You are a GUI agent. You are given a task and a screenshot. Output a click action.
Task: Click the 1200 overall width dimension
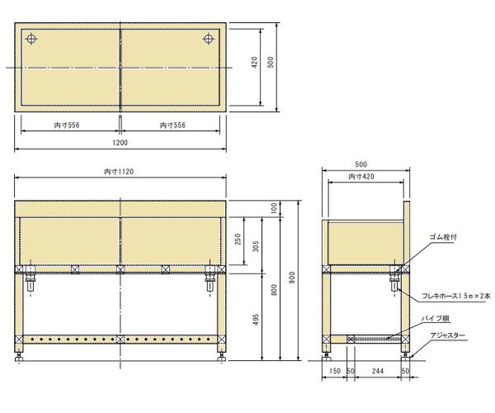click(120, 143)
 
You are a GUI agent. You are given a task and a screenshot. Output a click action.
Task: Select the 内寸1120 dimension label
click(119, 172)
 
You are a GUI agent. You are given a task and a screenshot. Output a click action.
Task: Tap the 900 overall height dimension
click(292, 278)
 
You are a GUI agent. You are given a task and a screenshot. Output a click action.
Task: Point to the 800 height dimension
click(274, 290)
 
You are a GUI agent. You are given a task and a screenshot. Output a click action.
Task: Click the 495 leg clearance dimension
click(256, 319)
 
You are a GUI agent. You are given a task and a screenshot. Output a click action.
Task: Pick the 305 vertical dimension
click(256, 246)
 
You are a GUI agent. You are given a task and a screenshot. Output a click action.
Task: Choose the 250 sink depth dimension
click(238, 240)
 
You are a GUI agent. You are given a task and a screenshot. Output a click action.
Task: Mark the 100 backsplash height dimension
click(274, 208)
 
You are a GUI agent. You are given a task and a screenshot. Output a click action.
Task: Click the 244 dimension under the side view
click(378, 371)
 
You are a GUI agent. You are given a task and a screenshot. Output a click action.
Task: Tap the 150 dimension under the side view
click(334, 371)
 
